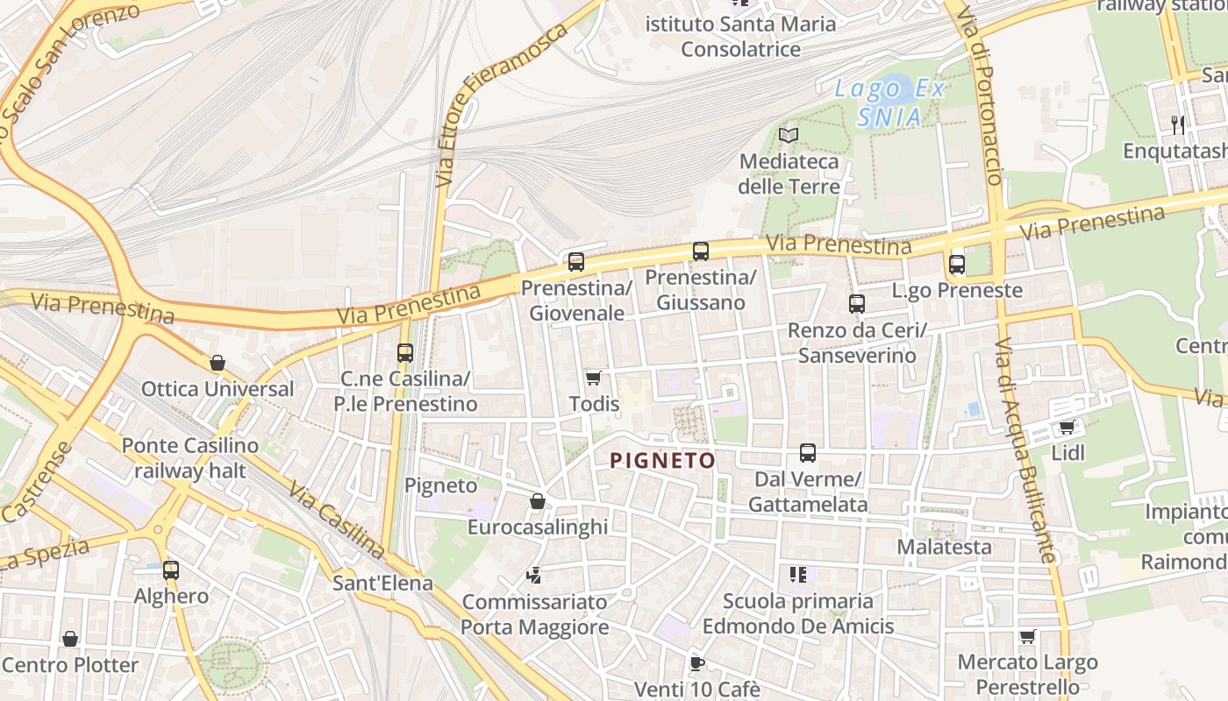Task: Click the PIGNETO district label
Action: point(662,460)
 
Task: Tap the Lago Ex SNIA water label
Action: point(889,103)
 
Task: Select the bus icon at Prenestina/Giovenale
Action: point(576,261)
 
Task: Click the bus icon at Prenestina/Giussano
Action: point(701,251)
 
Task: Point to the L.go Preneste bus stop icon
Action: point(957,264)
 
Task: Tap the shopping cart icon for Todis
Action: point(594,378)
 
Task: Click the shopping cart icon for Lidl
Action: point(1067,427)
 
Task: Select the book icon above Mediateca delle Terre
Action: point(789,135)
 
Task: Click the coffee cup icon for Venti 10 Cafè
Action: point(696,663)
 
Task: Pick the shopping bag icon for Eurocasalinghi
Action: point(538,501)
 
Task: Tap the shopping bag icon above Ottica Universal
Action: point(218,363)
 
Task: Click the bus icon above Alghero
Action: point(171,570)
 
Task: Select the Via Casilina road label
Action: point(337,520)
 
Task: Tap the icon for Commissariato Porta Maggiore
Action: point(533,576)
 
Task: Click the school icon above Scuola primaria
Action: point(797,574)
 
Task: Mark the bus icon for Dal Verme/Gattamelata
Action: point(808,453)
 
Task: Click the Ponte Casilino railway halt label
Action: point(190,457)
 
